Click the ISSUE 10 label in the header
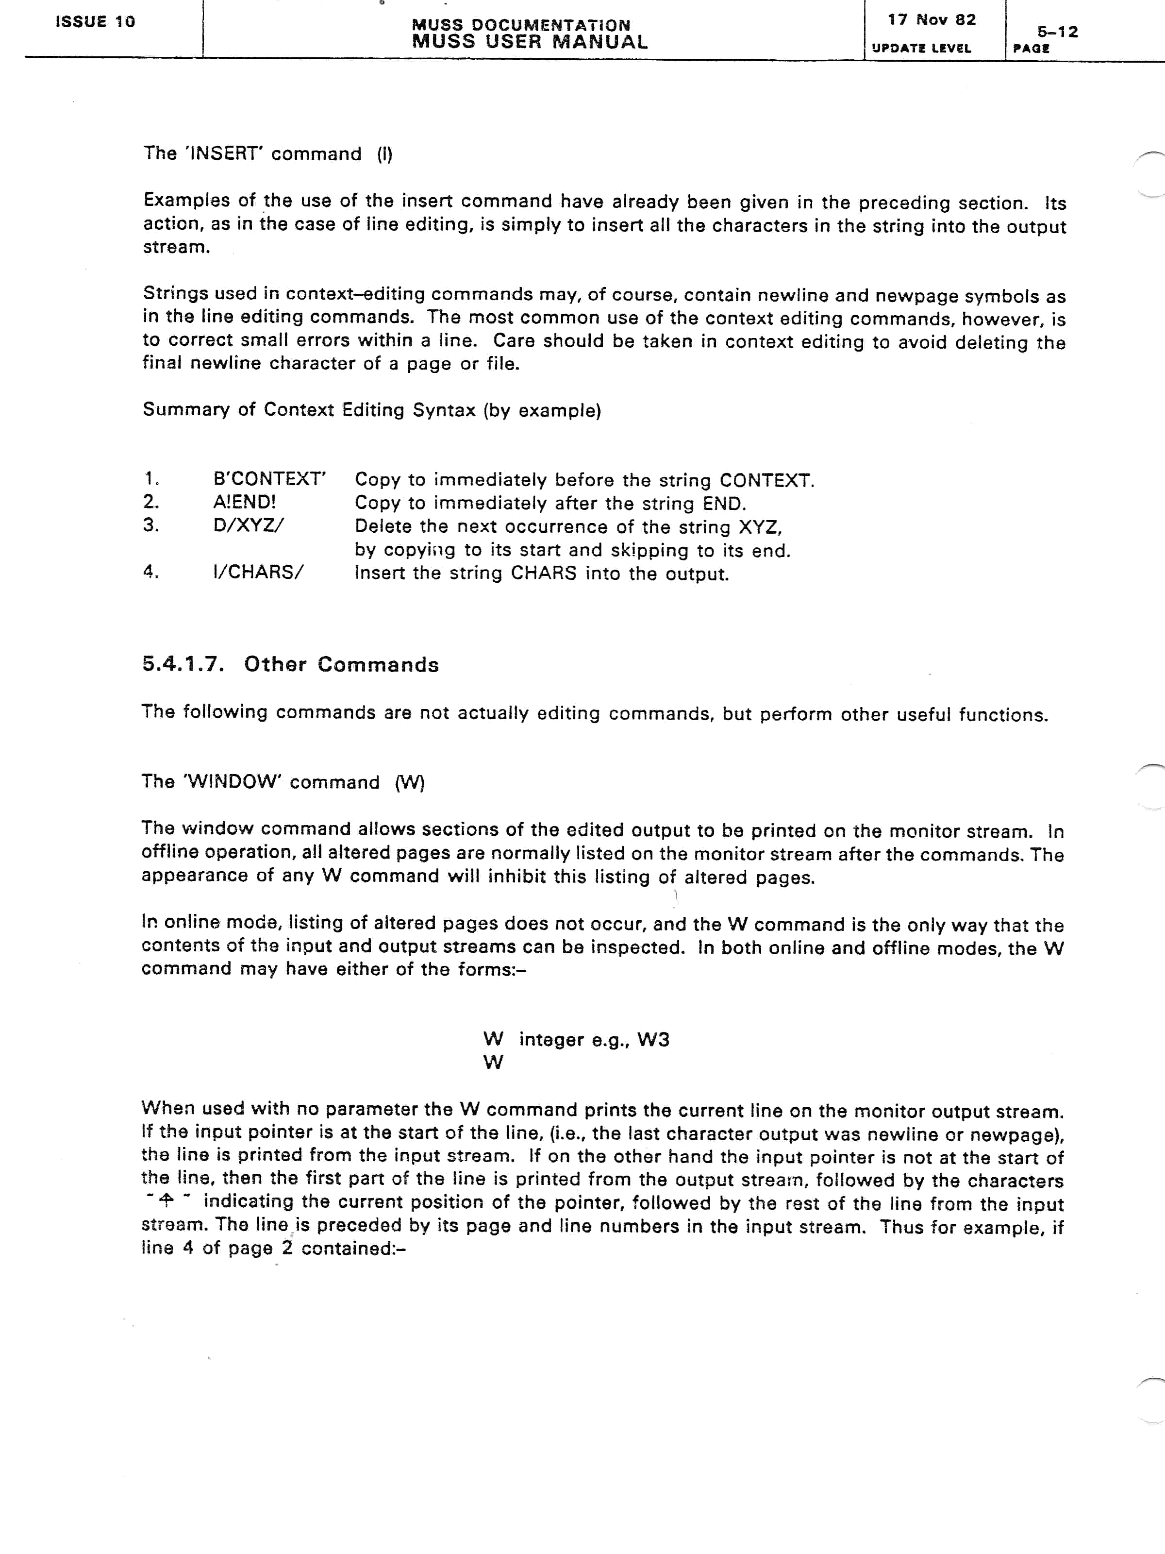click(x=95, y=22)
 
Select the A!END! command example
click(x=244, y=502)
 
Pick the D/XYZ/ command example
click(x=249, y=525)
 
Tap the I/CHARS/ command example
click(x=258, y=572)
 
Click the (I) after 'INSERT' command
click(x=385, y=154)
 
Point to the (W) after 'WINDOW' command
click(x=410, y=783)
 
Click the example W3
click(x=653, y=1040)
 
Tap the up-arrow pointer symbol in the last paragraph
click(x=167, y=1202)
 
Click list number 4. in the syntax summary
click(x=151, y=572)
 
